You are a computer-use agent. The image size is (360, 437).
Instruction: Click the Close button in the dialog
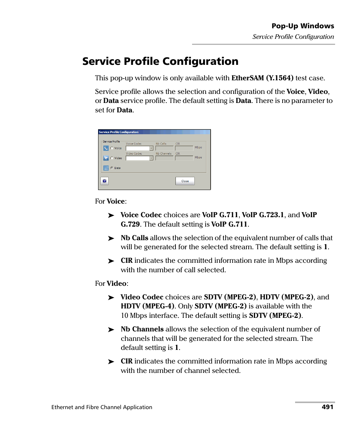[x=185, y=181]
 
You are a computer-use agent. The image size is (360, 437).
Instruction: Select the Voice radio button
[x=112, y=148]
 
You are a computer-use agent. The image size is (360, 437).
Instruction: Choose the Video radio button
[x=112, y=158]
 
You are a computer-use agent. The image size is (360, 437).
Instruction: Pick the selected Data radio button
[x=112, y=168]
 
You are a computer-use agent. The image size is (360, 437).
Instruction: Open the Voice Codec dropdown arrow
[x=151, y=149]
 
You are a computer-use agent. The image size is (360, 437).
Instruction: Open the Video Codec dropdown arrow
[x=151, y=158]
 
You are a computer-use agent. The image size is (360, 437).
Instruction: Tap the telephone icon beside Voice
[x=106, y=148]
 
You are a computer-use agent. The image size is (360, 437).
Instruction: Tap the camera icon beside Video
[x=106, y=158]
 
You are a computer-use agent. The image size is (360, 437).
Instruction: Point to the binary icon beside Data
[x=106, y=168]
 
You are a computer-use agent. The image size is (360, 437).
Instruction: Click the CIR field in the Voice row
[x=184, y=149]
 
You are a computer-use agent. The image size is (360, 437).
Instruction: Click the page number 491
[x=328, y=407]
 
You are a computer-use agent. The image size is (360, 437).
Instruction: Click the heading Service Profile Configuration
[x=160, y=61]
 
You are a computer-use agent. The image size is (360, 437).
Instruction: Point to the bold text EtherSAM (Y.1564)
[x=262, y=78]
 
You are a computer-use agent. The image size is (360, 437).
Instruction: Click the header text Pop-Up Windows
[x=303, y=26]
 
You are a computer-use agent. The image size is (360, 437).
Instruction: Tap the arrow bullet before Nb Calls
[x=111, y=238]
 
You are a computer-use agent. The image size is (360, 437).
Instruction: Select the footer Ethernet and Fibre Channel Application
[x=102, y=407]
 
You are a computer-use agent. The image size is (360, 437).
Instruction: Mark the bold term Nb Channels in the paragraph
[x=142, y=329]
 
